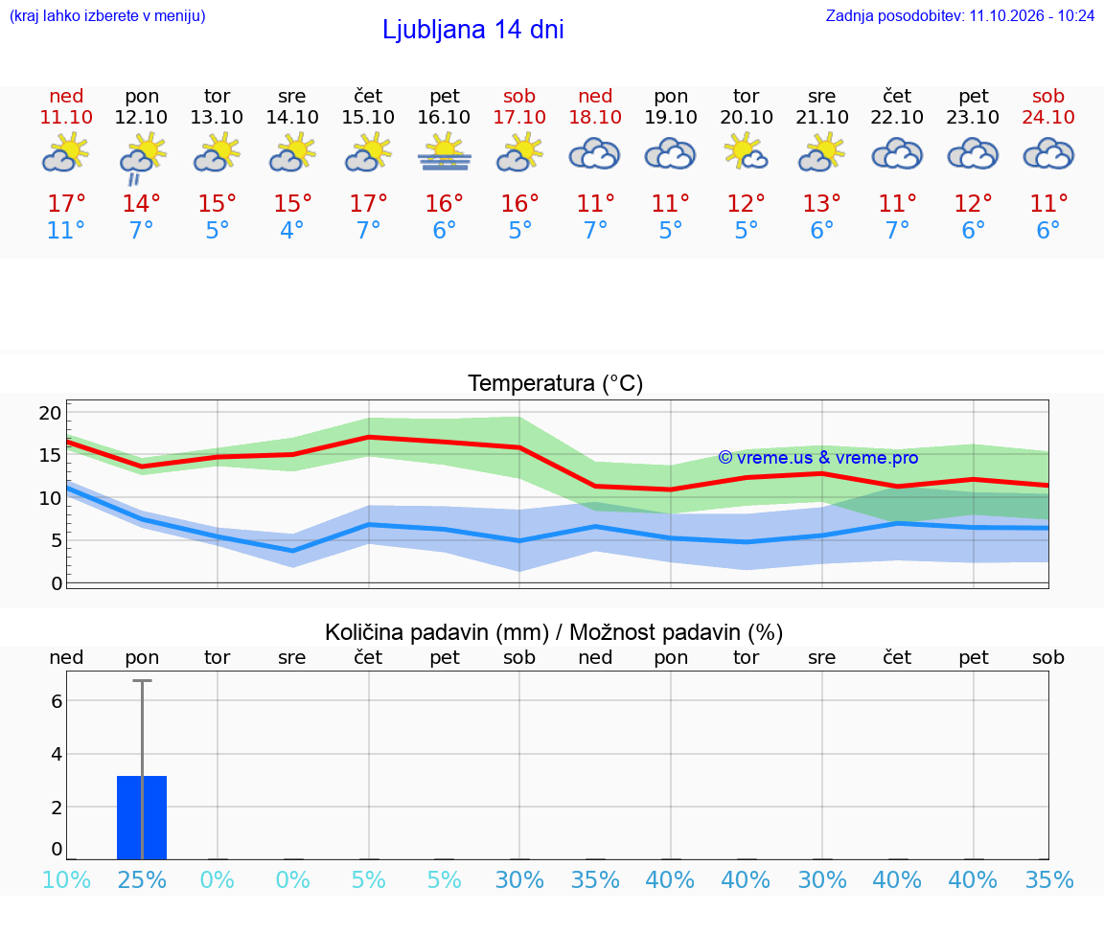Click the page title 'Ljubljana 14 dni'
click(473, 30)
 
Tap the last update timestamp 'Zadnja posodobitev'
click(959, 15)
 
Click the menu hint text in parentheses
click(107, 15)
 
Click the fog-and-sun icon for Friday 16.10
click(445, 153)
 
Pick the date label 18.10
click(596, 117)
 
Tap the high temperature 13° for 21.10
click(821, 203)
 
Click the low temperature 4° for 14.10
click(292, 230)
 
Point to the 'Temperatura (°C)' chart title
click(556, 383)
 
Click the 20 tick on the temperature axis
click(50, 413)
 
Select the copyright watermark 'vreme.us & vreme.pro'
click(818, 458)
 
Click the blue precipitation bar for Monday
click(142, 817)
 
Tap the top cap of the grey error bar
click(142, 680)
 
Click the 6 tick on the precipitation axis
click(57, 701)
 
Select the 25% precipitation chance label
click(142, 879)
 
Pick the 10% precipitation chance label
click(66, 879)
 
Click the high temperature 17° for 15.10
click(368, 203)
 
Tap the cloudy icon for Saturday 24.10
click(1048, 154)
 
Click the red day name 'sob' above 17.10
click(519, 96)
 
